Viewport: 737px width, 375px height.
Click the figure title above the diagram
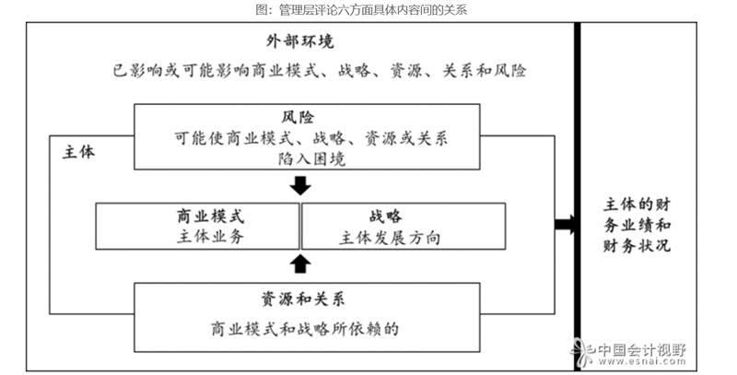click(x=368, y=9)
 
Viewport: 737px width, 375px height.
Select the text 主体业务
click(x=209, y=237)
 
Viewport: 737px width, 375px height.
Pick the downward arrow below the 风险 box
click(x=299, y=186)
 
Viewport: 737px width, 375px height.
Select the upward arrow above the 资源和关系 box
click(x=299, y=265)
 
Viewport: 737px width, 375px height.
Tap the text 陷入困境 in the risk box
click(x=300, y=159)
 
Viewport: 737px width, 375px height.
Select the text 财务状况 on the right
click(x=637, y=246)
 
